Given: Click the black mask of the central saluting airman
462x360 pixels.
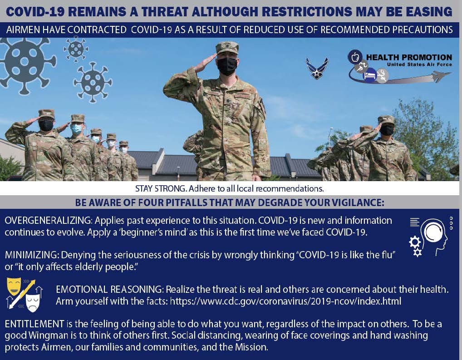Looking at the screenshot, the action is (227, 66).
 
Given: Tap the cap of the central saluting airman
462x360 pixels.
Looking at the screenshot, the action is (227, 48).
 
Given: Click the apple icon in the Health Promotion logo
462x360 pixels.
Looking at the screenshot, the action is (355, 57).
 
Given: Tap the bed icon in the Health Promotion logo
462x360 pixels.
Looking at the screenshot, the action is (370, 74).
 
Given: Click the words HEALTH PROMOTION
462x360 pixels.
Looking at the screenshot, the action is (409, 57).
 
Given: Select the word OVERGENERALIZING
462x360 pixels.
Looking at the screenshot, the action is (48, 221).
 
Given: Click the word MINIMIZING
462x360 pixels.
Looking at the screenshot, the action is (31, 255).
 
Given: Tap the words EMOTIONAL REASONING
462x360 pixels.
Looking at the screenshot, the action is (109, 289).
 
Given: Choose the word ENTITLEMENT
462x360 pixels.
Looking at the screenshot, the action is (34, 324).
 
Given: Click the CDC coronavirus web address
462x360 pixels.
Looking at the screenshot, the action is (285, 301).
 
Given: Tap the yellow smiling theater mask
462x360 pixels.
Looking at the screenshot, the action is (14, 286).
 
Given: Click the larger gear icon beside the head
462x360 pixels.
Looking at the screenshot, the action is (415, 242).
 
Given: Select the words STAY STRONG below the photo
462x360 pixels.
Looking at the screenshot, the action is (161, 188).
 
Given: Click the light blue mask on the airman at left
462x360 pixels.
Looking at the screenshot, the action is (77, 129).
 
